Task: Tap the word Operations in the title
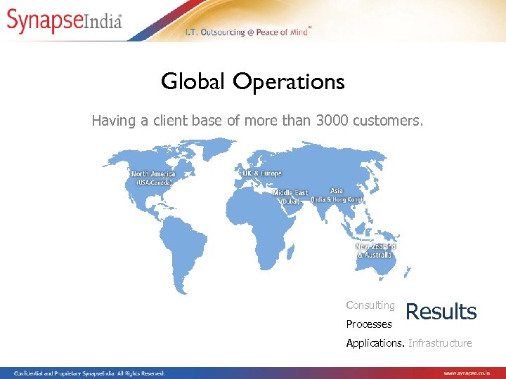pyautogui.click(x=289, y=83)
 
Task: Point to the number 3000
pyautogui.click(x=337, y=121)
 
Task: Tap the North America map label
pyautogui.click(x=153, y=173)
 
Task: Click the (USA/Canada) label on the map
pyautogui.click(x=153, y=182)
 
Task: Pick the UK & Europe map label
pyautogui.click(x=261, y=173)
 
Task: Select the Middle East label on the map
pyautogui.click(x=290, y=192)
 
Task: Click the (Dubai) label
pyautogui.click(x=290, y=201)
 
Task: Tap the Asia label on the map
pyautogui.click(x=337, y=190)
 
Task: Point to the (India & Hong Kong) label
pyautogui.click(x=337, y=199)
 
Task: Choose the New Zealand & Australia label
pyautogui.click(x=376, y=251)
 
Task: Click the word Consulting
pyautogui.click(x=370, y=305)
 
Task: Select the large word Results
pyautogui.click(x=441, y=312)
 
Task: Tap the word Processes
pyautogui.click(x=369, y=324)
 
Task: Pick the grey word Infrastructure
pyautogui.click(x=440, y=343)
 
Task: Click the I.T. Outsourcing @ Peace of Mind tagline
pyautogui.click(x=247, y=32)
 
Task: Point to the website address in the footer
pyautogui.click(x=472, y=373)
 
